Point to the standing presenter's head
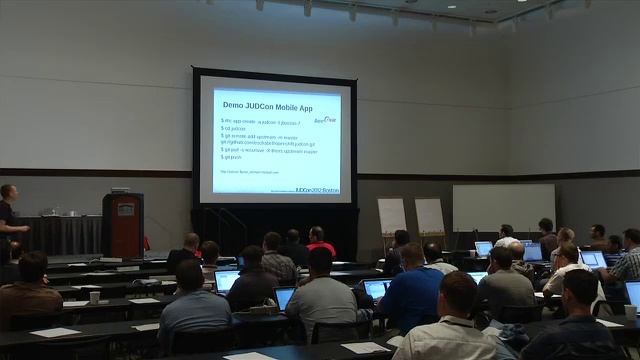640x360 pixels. click(x=9, y=192)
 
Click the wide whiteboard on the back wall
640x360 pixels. click(x=503, y=207)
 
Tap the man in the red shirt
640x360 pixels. click(x=319, y=243)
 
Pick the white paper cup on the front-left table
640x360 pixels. click(x=94, y=297)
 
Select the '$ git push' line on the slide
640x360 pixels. click(x=232, y=157)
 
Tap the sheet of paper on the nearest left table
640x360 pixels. click(x=55, y=332)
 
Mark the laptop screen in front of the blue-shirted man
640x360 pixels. click(x=376, y=289)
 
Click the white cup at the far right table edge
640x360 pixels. click(x=629, y=311)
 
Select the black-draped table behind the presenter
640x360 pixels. click(x=65, y=234)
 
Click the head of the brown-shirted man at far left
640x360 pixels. click(x=32, y=266)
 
